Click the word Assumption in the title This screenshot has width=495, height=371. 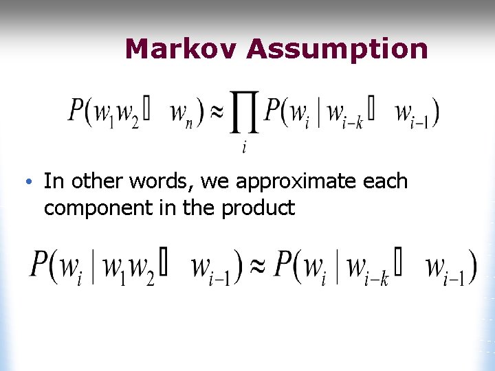click(337, 49)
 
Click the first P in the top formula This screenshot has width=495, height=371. click(76, 111)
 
